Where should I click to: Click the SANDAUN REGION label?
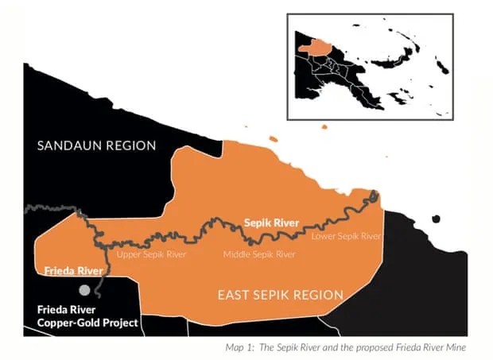pyautogui.click(x=97, y=145)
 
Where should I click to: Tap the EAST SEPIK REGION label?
pyautogui.click(x=281, y=295)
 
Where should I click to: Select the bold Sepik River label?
pyautogui.click(x=271, y=223)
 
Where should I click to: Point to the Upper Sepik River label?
pyautogui.click(x=152, y=255)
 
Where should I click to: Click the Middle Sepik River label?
pyautogui.click(x=259, y=255)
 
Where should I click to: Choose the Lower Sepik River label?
pyautogui.click(x=346, y=236)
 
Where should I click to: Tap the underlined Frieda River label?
pyautogui.click(x=72, y=271)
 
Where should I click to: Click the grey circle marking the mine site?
pyautogui.click(x=84, y=291)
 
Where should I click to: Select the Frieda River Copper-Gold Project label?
pyautogui.click(x=87, y=316)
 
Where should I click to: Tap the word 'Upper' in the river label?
pyautogui.click(x=130, y=255)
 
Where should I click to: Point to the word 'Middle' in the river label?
pyautogui.click(x=237, y=255)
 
